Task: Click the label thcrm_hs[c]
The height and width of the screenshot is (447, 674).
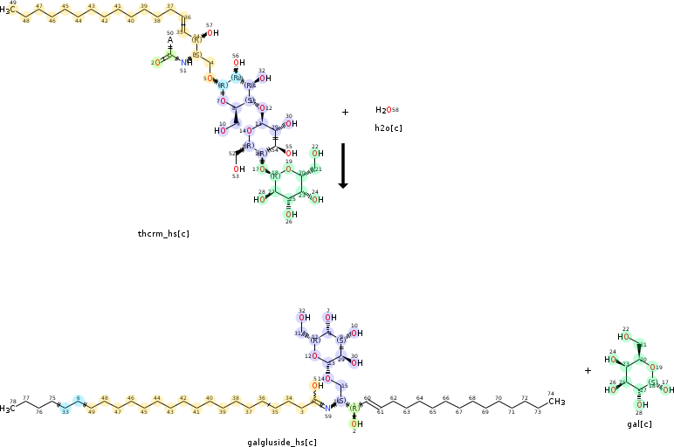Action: coord(163,233)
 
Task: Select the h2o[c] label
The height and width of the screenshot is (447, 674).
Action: coord(388,127)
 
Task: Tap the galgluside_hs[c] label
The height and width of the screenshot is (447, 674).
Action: coord(282,442)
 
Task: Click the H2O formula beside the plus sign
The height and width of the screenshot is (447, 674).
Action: coord(384,110)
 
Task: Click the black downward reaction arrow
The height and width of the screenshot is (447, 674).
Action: coord(343,165)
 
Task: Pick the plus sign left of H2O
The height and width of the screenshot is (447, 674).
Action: coord(345,112)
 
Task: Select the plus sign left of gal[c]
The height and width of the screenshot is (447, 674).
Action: coord(588,370)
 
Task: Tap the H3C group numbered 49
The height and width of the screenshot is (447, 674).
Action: coord(8,10)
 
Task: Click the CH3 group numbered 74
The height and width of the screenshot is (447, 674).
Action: coord(556,402)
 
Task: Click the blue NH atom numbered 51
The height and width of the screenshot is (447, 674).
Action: coord(185,62)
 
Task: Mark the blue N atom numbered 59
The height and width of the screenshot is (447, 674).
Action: coord(327,407)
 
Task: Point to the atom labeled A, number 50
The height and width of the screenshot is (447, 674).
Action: coord(170,39)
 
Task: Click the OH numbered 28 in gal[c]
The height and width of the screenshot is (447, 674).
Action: coord(641,405)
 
